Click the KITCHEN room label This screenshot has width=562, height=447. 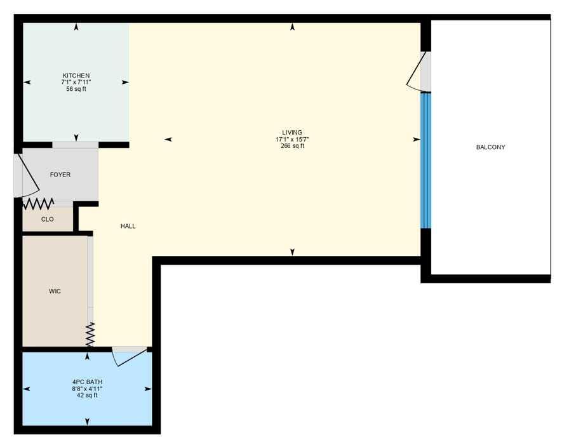[x=76, y=76]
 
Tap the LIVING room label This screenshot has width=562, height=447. [x=292, y=133]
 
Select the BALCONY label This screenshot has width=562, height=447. [x=491, y=147]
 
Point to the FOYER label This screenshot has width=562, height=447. [x=60, y=175]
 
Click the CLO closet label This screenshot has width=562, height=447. [x=48, y=219]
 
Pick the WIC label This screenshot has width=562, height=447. [x=55, y=291]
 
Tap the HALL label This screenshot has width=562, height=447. [x=128, y=226]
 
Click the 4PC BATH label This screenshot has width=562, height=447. [x=87, y=382]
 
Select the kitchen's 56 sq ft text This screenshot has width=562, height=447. [x=76, y=89]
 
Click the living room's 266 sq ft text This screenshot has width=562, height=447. [x=293, y=146]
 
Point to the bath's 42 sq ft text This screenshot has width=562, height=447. [x=87, y=396]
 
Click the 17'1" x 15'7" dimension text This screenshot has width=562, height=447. [x=292, y=140]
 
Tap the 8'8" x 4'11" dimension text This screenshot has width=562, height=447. [x=87, y=389]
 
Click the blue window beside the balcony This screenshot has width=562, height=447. [x=425, y=160]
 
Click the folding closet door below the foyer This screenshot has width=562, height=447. [x=38, y=204]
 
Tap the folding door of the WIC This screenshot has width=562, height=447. [x=90, y=334]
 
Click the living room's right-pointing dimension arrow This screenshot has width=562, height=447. [x=417, y=140]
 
